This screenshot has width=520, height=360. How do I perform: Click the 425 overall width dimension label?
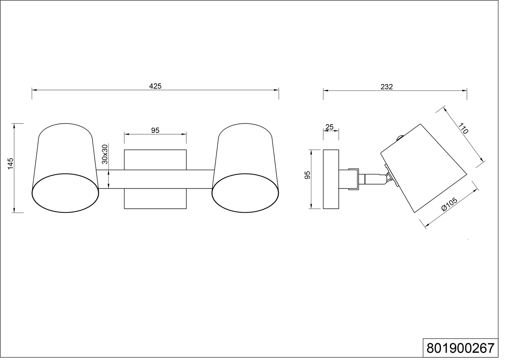(155, 86)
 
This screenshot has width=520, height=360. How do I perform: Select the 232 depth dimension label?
(386, 87)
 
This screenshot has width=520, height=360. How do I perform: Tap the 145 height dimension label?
(10, 164)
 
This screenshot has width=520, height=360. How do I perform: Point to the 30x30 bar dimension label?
(105, 154)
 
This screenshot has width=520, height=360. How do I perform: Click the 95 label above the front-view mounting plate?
(155, 130)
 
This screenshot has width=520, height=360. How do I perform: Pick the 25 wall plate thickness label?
(329, 127)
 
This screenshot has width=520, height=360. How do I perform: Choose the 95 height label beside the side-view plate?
(307, 175)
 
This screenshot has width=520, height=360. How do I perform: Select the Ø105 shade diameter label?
(450, 204)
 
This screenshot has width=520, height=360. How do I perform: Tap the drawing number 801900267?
(460, 348)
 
